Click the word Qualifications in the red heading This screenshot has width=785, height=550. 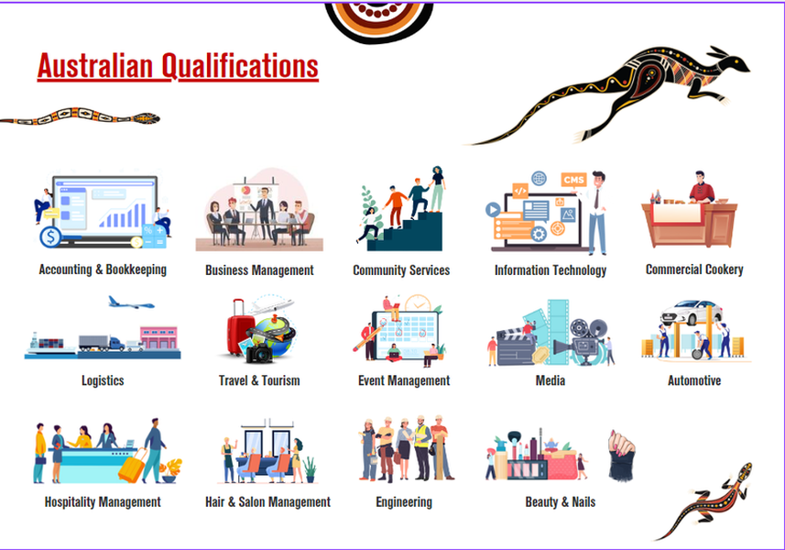point(240,67)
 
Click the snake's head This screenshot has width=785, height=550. point(147,119)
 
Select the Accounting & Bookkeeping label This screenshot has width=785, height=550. point(103,269)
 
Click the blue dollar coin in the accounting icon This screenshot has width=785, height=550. point(50,236)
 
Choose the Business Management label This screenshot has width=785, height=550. point(259,270)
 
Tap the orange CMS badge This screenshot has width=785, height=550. point(573,180)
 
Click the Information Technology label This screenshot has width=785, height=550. point(551,270)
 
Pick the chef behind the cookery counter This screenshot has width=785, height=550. point(702,187)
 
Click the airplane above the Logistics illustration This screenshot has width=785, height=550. point(131,302)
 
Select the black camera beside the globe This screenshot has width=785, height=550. point(259,354)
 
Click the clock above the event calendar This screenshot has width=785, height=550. point(418,303)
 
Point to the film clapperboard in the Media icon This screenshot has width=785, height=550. point(516,346)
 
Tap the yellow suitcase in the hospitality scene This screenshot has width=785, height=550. point(132,466)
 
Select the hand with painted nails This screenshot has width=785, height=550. point(621,455)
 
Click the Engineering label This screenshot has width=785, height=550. point(404,502)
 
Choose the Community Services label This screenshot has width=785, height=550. point(401,270)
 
